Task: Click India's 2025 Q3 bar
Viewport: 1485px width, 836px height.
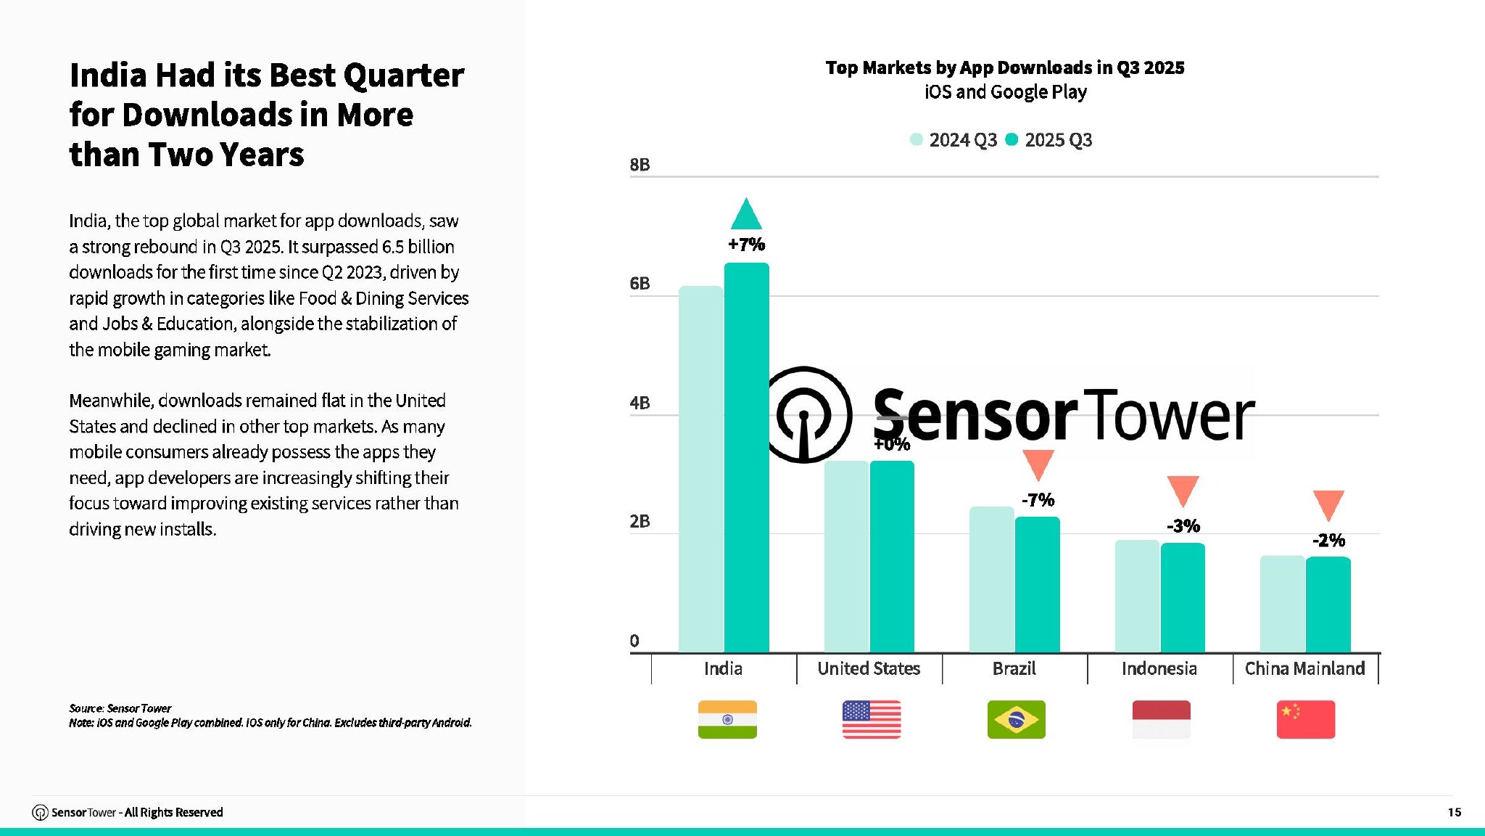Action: click(x=747, y=457)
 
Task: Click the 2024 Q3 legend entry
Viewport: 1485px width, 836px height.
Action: click(x=954, y=140)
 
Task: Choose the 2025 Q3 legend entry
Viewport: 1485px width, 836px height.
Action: click(x=1049, y=140)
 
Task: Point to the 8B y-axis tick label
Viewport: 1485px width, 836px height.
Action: click(x=640, y=165)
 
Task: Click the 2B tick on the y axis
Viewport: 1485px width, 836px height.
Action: click(x=640, y=521)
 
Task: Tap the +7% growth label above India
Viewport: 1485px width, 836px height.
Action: click(x=747, y=245)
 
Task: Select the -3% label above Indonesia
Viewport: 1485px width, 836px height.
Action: click(x=1183, y=526)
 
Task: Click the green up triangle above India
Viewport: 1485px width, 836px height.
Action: click(x=746, y=215)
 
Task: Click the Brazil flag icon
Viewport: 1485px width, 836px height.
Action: click(x=1016, y=719)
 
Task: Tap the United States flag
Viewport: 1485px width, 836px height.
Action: click(x=872, y=719)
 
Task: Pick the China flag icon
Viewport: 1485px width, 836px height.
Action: click(x=1305, y=719)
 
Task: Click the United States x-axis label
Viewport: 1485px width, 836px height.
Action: click(x=869, y=668)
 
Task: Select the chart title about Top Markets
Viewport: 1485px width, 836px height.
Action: click(x=1005, y=67)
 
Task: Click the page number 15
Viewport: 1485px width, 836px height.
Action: click(x=1454, y=812)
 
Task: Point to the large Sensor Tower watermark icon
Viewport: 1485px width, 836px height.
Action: click(x=806, y=414)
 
